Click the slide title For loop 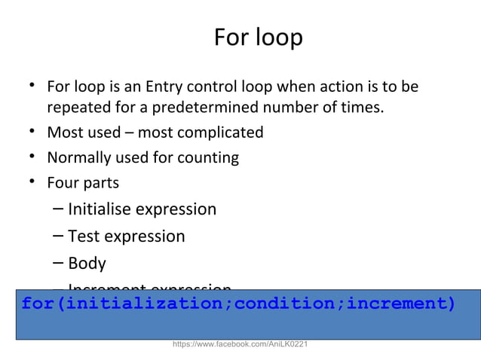[258, 37]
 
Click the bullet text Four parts [83, 182]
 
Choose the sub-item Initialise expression [142, 209]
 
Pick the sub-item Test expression [126, 236]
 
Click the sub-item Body [87, 264]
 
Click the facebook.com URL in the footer [240, 344]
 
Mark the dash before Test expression [59, 236]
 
